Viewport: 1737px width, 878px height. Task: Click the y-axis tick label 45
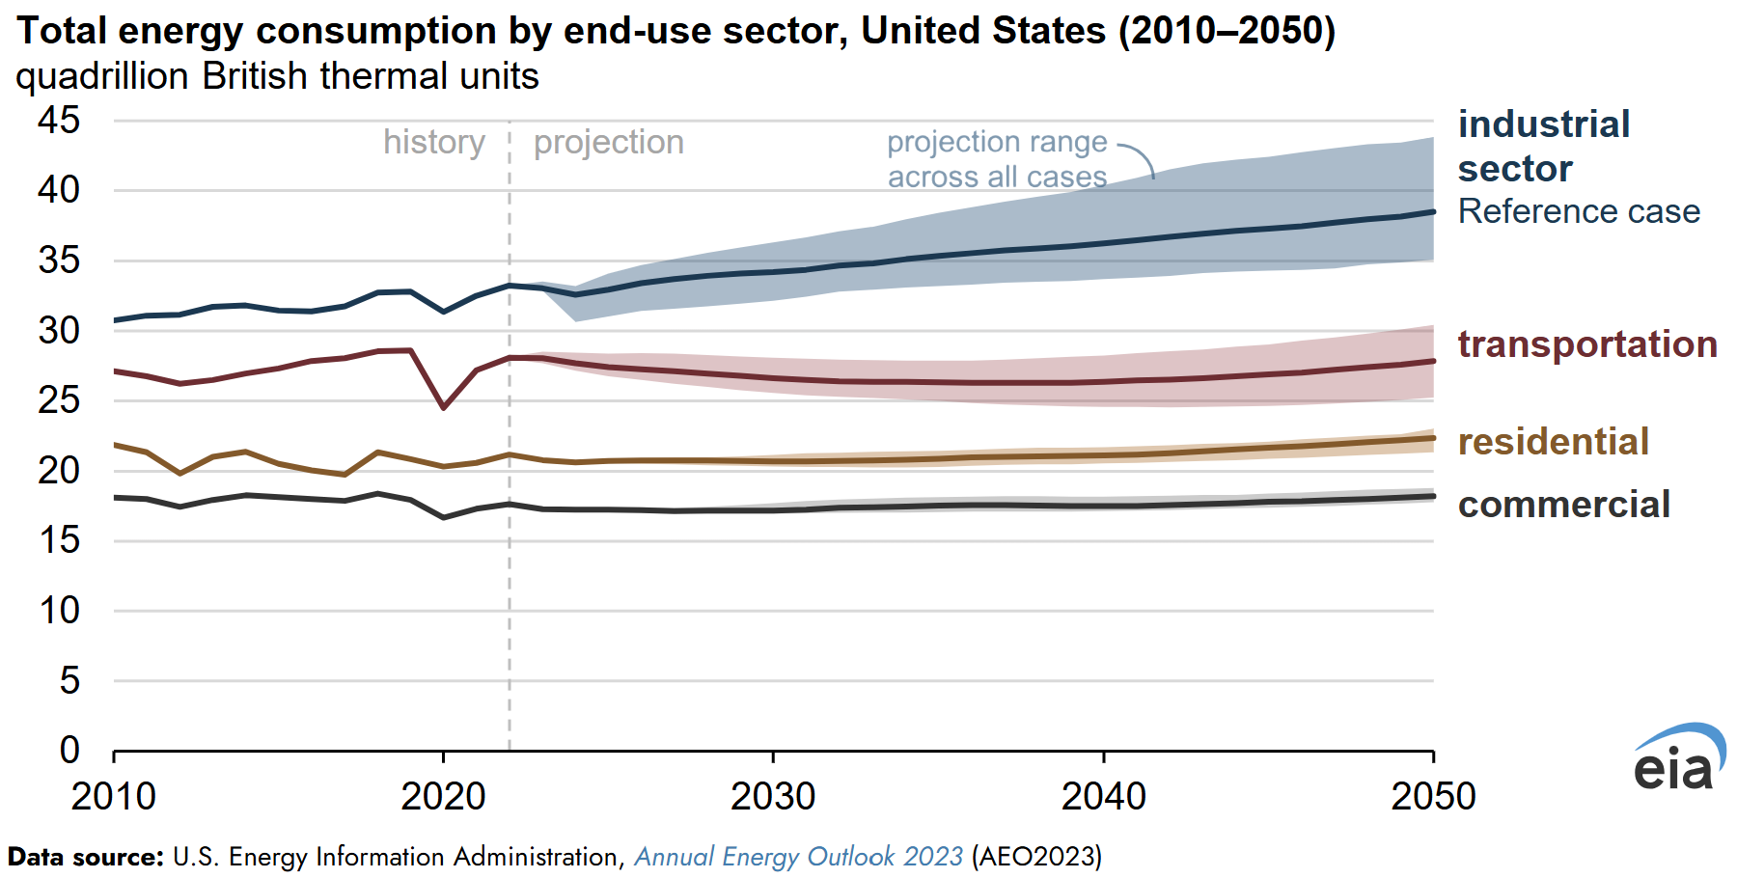pos(59,121)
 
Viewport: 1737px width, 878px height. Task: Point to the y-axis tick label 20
pos(59,471)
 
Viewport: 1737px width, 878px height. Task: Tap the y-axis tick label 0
pos(69,750)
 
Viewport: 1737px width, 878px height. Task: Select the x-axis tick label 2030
pos(773,797)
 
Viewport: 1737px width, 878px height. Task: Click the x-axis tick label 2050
pos(1433,797)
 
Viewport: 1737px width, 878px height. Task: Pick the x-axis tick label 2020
pos(443,797)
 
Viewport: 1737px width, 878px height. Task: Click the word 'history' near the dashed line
pos(433,142)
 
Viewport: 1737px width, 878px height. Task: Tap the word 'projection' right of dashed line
pos(609,142)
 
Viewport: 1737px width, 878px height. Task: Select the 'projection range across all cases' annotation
pos(997,159)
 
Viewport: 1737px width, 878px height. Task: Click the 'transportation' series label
pos(1587,344)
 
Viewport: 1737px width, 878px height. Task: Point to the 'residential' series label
pos(1554,442)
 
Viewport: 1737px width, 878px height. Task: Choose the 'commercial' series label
pos(1564,505)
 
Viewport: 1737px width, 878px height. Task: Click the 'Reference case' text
pos(1579,211)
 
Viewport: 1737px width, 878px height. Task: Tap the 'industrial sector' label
pos(1544,146)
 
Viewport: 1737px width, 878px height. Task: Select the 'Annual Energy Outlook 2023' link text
pos(798,857)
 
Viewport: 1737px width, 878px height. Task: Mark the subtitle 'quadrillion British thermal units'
pos(277,76)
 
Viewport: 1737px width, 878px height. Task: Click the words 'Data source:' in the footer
pos(86,857)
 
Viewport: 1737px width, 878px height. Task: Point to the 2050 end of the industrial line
pos(1432,212)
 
